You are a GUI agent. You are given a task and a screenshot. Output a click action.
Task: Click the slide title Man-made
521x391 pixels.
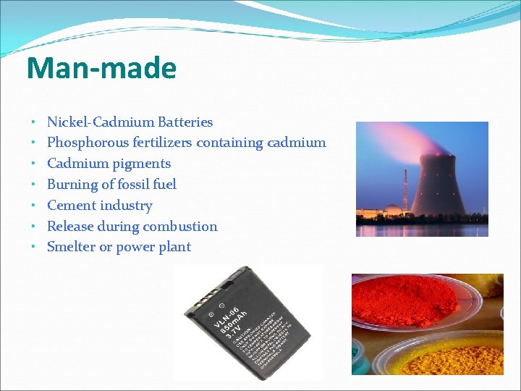tap(101, 68)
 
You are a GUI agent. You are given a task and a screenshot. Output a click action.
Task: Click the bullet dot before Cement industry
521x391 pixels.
tap(34, 206)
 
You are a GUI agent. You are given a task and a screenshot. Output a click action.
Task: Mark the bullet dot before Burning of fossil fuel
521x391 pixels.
tap(34, 185)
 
